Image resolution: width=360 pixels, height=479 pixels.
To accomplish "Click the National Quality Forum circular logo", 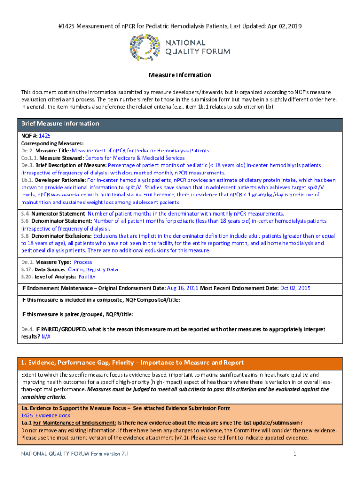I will coord(146,48).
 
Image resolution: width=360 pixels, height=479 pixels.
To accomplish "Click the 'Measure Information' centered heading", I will coord(180,75).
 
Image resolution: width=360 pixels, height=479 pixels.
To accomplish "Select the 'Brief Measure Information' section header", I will coord(60,123).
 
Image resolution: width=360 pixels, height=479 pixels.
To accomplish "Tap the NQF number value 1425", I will coord(44,136).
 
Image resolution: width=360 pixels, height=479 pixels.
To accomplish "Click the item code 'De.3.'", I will coord(27,166).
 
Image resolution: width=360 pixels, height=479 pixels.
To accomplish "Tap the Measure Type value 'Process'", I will coord(83,262).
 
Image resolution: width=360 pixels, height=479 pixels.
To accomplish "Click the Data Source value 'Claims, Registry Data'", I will coord(93,269).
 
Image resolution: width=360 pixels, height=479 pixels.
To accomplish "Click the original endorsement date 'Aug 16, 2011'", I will coord(183,288).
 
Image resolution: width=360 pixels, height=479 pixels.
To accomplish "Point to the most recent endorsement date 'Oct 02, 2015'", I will coord(295,288).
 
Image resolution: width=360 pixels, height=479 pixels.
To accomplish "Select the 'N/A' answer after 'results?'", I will coord(46,337).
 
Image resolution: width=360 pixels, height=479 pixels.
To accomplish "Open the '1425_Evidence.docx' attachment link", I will coord(45,415).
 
